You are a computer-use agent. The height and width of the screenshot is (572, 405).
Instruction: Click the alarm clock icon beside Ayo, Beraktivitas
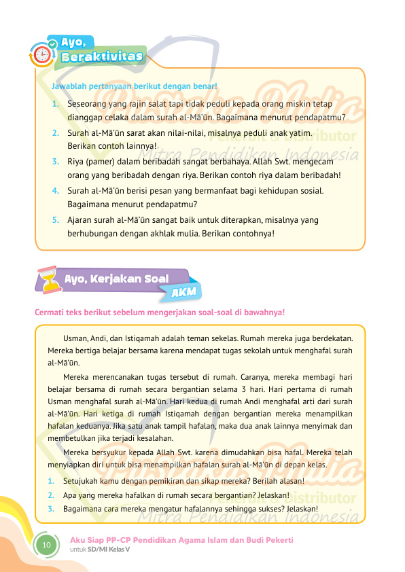pyautogui.click(x=42, y=54)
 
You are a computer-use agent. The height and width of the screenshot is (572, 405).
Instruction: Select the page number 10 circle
pyautogui.click(x=46, y=545)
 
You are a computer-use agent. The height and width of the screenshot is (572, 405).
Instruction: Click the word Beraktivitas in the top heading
pyautogui.click(x=102, y=56)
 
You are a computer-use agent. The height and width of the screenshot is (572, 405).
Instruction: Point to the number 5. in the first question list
pyautogui.click(x=54, y=220)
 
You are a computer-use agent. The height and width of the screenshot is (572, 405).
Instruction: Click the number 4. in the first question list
pyautogui.click(x=54, y=191)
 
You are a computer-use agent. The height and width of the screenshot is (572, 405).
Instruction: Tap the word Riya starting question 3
pyautogui.click(x=75, y=162)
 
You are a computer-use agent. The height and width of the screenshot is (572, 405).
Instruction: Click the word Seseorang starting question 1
pyautogui.click(x=88, y=105)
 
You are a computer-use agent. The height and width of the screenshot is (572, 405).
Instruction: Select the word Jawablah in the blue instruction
pyautogui.click(x=68, y=86)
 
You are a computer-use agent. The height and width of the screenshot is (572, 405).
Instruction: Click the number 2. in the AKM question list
pyautogui.click(x=51, y=495)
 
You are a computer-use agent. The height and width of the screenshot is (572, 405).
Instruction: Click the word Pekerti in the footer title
pyautogui.click(x=279, y=539)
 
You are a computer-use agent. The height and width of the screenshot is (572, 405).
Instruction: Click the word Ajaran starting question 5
pyautogui.click(x=80, y=220)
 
